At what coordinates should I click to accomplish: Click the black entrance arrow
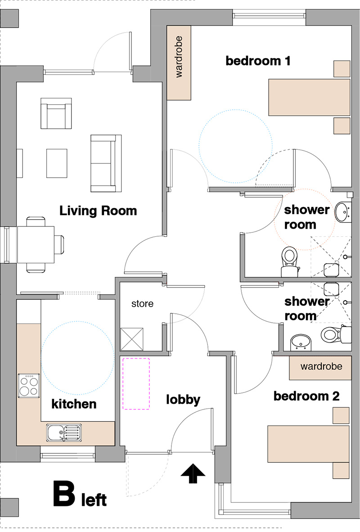(x=193, y=473)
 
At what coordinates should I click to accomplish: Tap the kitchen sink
(x=64, y=433)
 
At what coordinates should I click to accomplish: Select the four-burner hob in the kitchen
(x=28, y=385)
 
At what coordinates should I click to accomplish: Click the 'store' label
(x=142, y=304)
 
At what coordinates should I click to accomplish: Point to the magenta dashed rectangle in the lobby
(x=136, y=384)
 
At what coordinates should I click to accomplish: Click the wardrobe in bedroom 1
(x=179, y=63)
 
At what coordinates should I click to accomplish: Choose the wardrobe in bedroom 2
(x=320, y=368)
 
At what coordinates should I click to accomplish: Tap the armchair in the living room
(x=56, y=113)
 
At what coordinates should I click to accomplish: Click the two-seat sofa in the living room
(x=106, y=163)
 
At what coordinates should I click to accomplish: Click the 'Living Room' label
(x=98, y=211)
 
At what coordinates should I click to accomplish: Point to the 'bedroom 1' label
(x=258, y=61)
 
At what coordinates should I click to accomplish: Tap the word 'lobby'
(x=183, y=400)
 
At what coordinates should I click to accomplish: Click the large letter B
(x=64, y=494)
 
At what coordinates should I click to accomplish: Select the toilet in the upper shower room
(x=290, y=261)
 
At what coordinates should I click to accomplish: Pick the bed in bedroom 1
(x=309, y=97)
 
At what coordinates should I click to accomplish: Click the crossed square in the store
(x=132, y=339)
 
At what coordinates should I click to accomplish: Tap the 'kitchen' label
(x=74, y=404)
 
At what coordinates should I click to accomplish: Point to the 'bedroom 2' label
(x=306, y=396)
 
